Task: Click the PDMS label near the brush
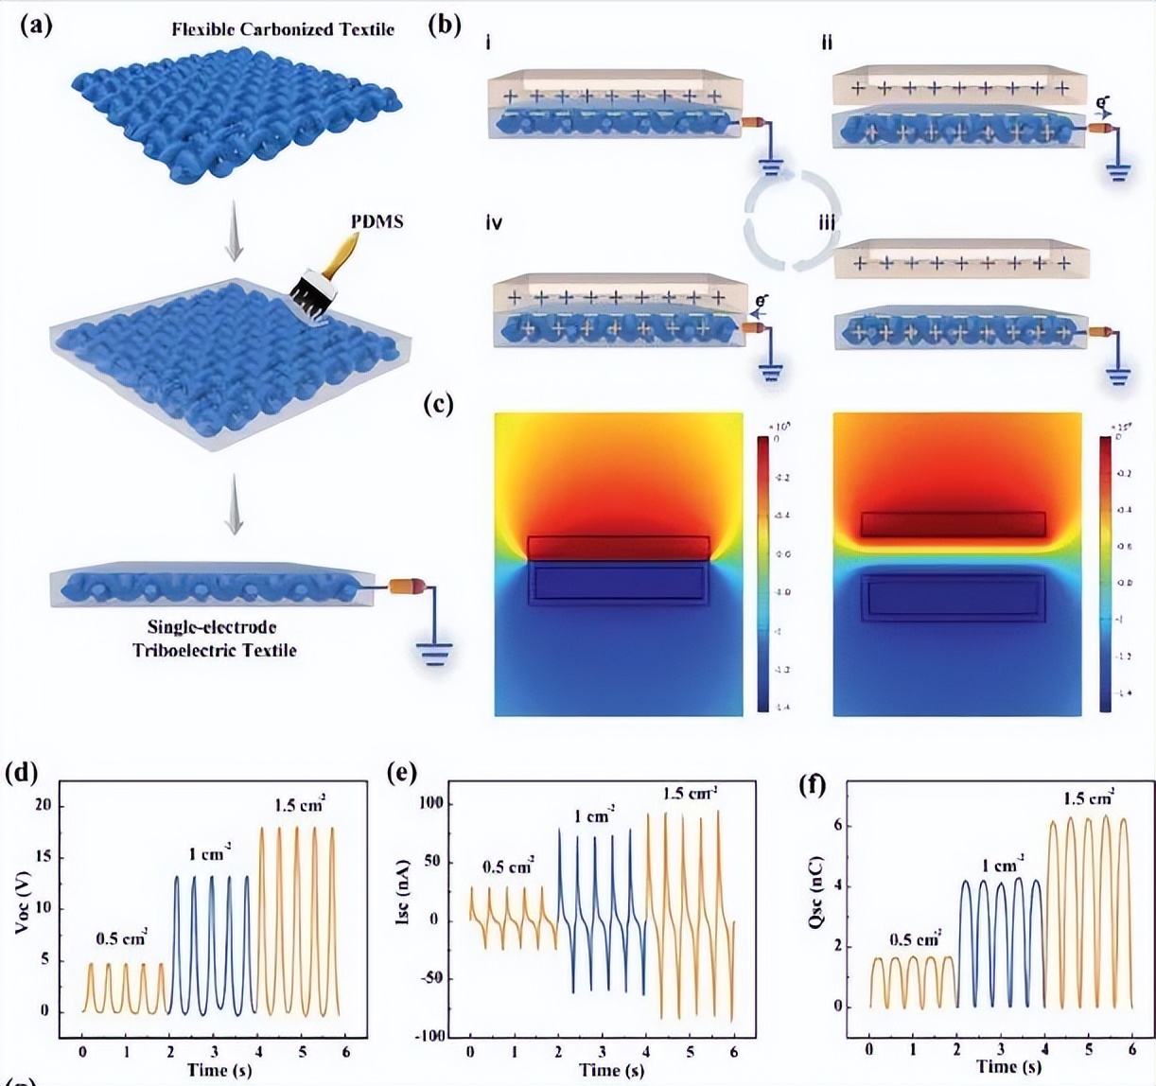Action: coord(377,221)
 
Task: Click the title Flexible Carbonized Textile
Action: coord(283,29)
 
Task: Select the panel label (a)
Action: coord(36,25)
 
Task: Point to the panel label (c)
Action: coord(438,404)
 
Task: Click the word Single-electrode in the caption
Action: coord(212,626)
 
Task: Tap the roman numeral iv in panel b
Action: coord(493,223)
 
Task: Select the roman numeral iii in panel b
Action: coord(827,223)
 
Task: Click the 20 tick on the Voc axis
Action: coord(43,805)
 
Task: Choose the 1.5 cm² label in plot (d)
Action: coord(300,805)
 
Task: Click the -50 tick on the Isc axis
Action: coord(430,977)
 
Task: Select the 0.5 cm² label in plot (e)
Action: coord(508,867)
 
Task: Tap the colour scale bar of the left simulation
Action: coord(763,572)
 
